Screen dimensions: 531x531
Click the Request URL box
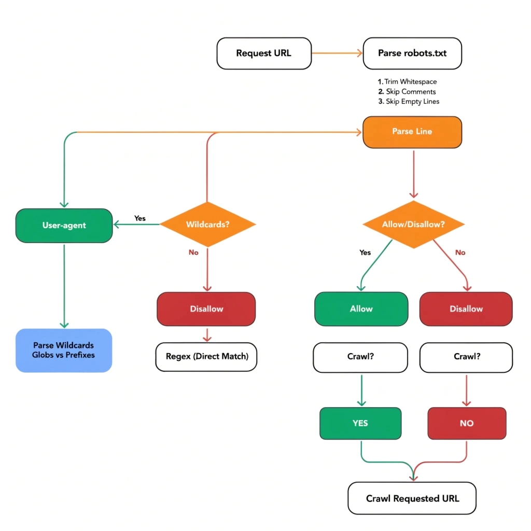point(264,53)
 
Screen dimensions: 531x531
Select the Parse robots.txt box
point(412,53)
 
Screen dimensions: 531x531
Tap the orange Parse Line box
point(412,131)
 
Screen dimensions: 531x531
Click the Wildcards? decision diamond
point(207,225)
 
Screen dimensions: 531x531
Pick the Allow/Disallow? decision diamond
point(413,225)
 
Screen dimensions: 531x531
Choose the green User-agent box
point(64,226)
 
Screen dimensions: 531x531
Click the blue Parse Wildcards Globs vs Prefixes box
point(64,350)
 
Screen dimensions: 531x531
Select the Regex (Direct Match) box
point(206,357)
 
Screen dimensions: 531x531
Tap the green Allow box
point(361,309)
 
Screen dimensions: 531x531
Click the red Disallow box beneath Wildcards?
point(206,309)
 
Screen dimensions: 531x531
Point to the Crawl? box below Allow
point(361,357)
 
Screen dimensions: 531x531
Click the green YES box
point(360,423)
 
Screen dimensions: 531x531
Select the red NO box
point(467,423)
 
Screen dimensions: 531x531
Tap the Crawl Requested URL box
point(412,498)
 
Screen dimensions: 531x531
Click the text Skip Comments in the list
point(411,92)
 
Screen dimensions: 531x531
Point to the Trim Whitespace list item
point(410,82)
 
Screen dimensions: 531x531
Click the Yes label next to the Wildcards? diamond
point(140,218)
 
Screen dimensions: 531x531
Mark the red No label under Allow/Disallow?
point(460,253)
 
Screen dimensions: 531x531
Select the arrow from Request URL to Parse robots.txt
point(337,53)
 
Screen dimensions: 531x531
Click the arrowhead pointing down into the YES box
point(361,403)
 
